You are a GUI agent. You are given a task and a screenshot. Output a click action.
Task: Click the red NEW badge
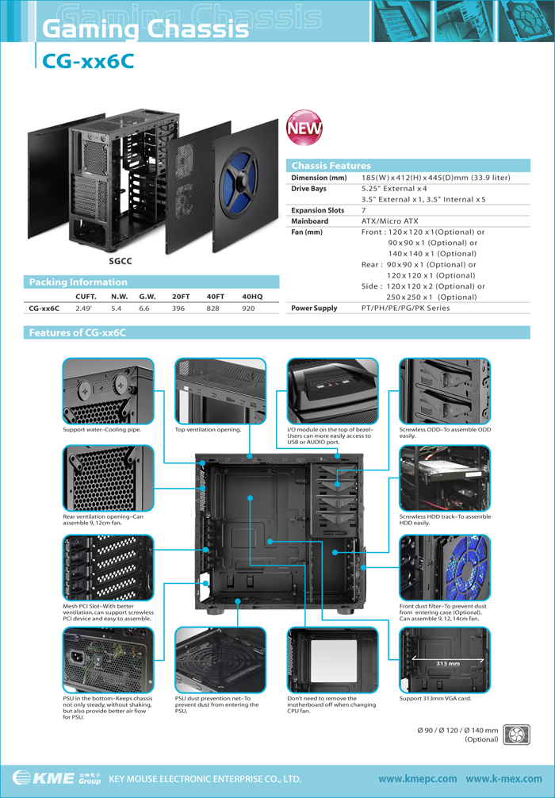304,127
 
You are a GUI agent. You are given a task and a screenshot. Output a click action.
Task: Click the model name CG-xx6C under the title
88,61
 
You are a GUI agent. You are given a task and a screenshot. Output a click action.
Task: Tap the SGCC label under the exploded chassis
121,261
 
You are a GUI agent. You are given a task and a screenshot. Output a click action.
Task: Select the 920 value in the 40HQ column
248,309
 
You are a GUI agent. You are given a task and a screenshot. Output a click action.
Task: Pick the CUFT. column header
86,297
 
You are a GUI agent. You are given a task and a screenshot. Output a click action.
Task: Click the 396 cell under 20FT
178,309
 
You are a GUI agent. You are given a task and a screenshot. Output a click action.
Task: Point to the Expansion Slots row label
317,210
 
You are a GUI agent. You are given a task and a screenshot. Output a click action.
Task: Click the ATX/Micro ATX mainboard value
389,221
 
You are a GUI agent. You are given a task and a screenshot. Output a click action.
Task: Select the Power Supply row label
314,308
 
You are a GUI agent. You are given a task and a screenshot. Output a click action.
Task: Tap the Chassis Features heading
331,166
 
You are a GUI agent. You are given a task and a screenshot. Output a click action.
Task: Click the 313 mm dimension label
448,664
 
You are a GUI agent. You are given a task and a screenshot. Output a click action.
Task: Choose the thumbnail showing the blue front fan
445,567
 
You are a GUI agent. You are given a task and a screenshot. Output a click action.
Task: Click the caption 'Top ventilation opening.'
208,429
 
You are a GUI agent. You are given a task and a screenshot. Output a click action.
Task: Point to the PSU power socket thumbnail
108,660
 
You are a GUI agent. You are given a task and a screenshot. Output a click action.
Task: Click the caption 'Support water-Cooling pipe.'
102,429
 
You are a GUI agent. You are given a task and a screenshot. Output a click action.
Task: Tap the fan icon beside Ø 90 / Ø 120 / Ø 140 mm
516,735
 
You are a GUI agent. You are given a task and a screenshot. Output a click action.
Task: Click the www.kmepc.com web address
418,779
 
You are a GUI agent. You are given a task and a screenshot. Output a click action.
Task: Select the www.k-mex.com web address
504,779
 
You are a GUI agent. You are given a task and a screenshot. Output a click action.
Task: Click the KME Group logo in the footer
56,777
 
